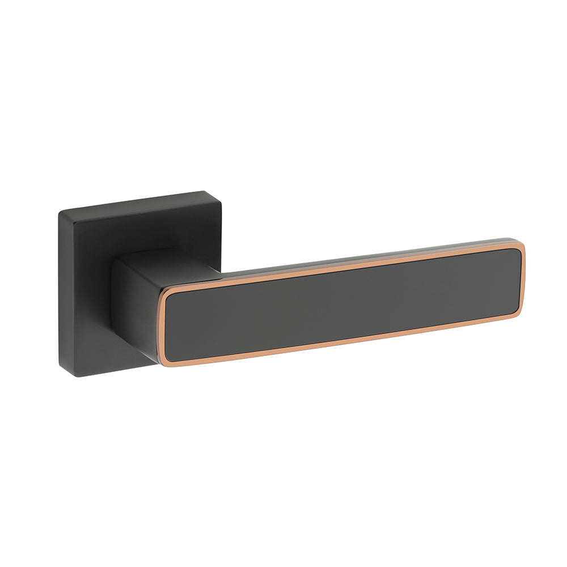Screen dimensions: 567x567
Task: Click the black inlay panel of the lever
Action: point(340,303)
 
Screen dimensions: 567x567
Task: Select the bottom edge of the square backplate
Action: point(108,370)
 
